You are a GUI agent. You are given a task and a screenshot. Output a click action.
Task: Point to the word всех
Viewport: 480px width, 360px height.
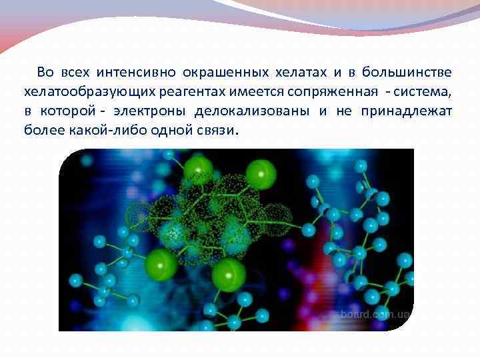pos(74,72)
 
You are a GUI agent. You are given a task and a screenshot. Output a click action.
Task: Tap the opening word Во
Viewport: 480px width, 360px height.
pos(45,72)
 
